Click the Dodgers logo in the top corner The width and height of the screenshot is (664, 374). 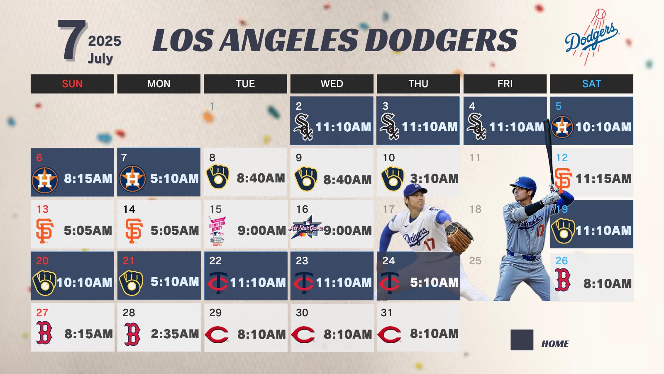[591, 37]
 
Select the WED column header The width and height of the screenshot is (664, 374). [332, 84]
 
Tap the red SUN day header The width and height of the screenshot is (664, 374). [72, 84]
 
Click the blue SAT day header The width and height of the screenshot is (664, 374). [591, 84]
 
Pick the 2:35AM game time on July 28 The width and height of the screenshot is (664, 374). [175, 334]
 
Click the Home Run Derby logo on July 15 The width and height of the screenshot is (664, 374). [217, 231]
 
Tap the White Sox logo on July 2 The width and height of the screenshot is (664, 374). [303, 127]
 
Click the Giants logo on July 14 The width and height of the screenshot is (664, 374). [134, 231]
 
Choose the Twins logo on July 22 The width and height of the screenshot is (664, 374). [217, 282]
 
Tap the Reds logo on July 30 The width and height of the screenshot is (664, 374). [303, 335]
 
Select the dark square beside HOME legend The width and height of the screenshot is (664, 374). [522, 340]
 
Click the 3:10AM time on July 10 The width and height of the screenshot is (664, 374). [434, 178]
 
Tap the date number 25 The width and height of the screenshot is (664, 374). [475, 261]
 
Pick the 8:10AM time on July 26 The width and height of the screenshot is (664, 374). [608, 283]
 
